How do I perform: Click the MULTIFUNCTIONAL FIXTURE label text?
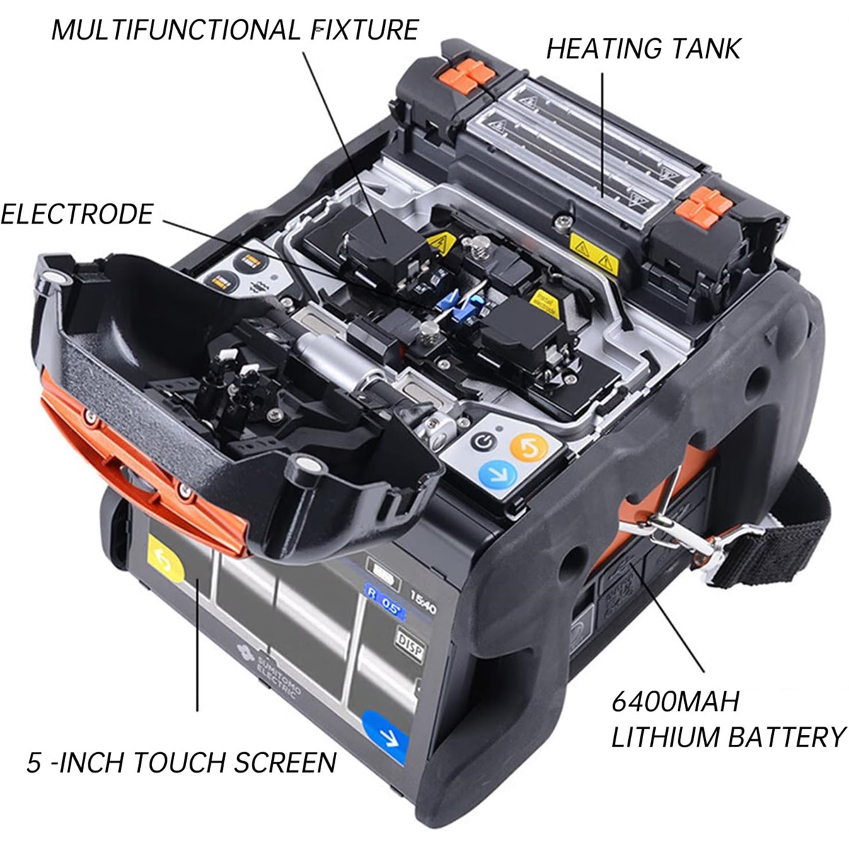(235, 30)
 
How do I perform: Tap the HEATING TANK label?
(642, 48)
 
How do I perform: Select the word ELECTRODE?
(76, 214)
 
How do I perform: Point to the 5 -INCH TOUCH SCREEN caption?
(181, 762)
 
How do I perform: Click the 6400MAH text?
(675, 702)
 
